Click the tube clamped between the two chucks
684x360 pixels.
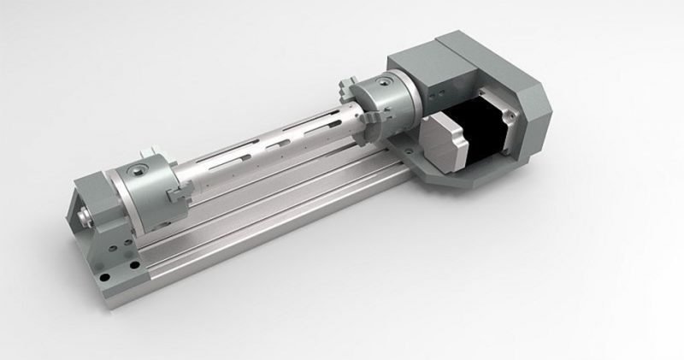click(265, 145)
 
